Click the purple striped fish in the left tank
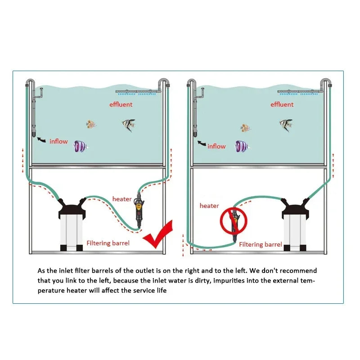point(81,147)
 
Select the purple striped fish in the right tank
point(242,147)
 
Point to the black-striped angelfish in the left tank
point(129,125)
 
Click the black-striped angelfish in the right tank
point(286,125)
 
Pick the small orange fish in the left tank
point(91,124)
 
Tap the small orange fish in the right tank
point(245,128)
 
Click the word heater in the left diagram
point(122,199)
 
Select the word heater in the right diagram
point(209,206)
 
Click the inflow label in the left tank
point(58,141)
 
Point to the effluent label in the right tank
point(282,104)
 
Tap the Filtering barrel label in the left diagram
point(108,243)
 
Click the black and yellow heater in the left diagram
point(139,210)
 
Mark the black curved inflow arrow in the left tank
point(41,139)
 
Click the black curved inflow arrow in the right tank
point(202,143)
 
